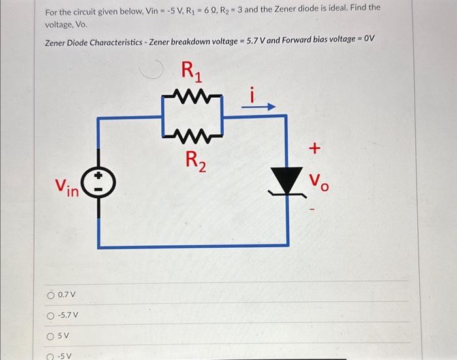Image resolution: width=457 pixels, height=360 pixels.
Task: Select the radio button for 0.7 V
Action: click(50, 295)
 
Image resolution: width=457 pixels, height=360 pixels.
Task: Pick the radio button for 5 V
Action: click(50, 337)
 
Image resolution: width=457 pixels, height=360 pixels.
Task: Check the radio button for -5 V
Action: click(50, 357)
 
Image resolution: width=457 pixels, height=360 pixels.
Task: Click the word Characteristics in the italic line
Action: click(106, 42)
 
